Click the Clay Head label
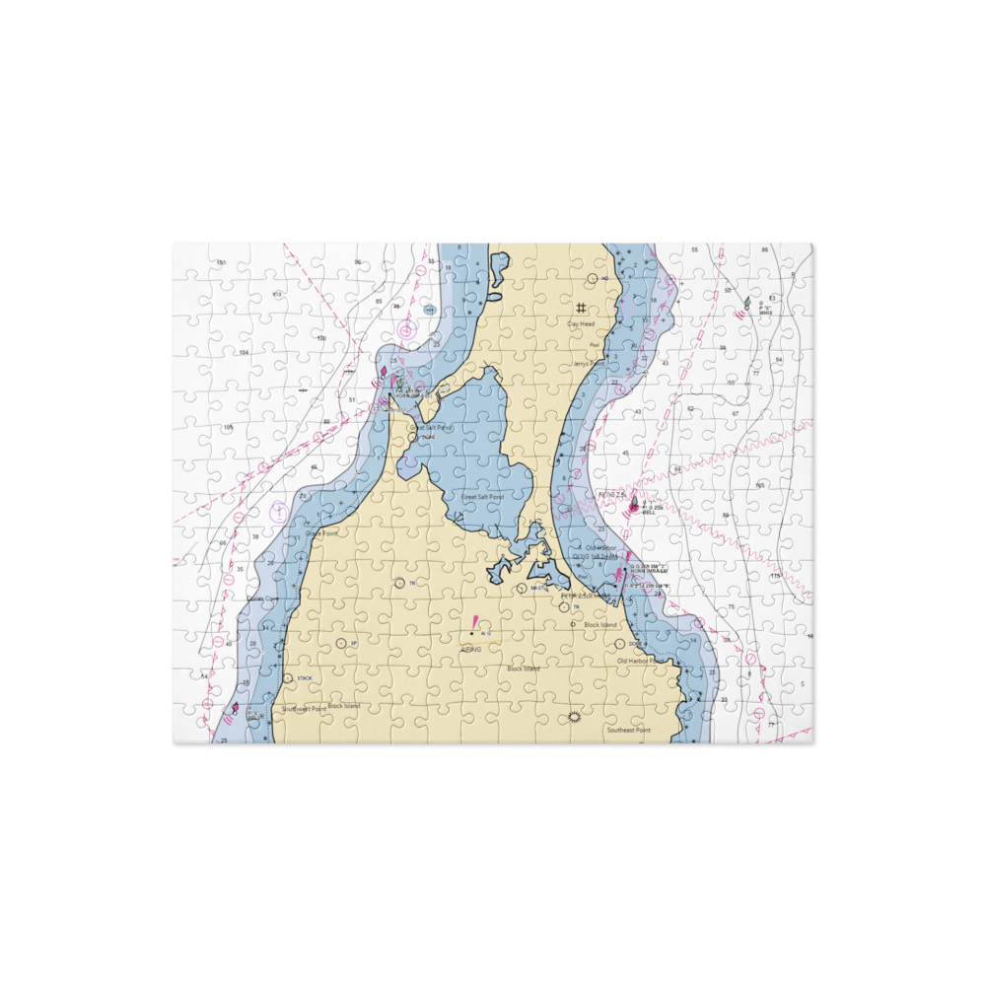[581, 323]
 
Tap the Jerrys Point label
[587, 363]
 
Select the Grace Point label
[321, 533]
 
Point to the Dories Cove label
[262, 599]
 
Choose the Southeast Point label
[628, 731]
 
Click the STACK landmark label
[304, 678]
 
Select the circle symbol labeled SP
[341, 643]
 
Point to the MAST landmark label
[538, 589]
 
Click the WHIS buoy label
[765, 312]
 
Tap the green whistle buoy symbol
[747, 303]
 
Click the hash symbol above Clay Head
[581, 308]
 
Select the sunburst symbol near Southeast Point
[574, 717]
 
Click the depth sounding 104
[243, 352]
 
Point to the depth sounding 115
[775, 576]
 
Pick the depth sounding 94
[779, 360]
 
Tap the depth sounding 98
[358, 262]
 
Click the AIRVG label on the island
[470, 649]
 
